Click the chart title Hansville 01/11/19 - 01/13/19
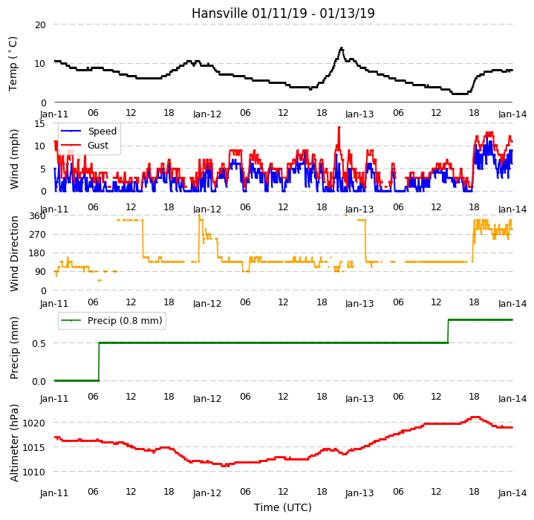[x=283, y=13]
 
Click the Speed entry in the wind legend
[x=102, y=131]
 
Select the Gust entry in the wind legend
[x=98, y=146]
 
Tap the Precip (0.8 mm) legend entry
[x=125, y=321]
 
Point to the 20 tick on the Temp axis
[x=40, y=25]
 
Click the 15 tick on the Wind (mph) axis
[x=40, y=124]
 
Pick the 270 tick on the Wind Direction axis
[x=38, y=234]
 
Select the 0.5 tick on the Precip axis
[x=39, y=344]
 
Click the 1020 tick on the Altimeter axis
[x=33, y=423]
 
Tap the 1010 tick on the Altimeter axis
[x=33, y=472]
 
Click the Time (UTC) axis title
[x=283, y=507]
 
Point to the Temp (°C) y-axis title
[x=13, y=64]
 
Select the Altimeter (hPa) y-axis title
[x=14, y=443]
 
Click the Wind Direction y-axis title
[x=14, y=254]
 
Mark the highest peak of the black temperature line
[x=341, y=48]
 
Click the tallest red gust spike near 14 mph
[x=339, y=127]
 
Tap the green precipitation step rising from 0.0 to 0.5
[x=99, y=362]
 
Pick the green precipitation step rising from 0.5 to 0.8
[x=448, y=331]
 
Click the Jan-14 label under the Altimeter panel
[x=512, y=493]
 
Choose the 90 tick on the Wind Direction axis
[x=41, y=272]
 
